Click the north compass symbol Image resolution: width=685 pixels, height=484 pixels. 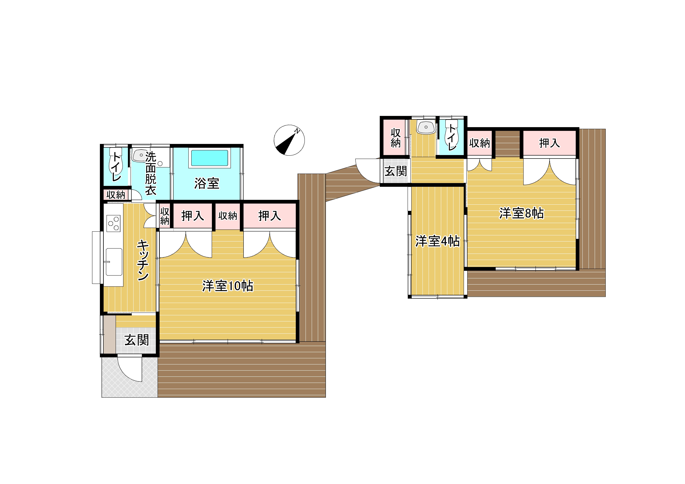(289, 140)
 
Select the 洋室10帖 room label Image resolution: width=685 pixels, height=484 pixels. (228, 286)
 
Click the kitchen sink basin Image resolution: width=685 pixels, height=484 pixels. (114, 262)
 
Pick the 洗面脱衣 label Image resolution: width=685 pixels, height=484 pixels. (151, 173)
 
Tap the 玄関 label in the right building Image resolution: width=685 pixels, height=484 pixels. (396, 171)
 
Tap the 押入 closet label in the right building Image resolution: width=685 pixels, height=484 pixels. (549, 143)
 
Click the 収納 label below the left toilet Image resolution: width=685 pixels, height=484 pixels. (116, 195)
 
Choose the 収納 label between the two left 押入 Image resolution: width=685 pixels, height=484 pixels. (228, 216)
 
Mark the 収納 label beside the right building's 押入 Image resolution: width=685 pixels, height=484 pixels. (479, 143)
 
